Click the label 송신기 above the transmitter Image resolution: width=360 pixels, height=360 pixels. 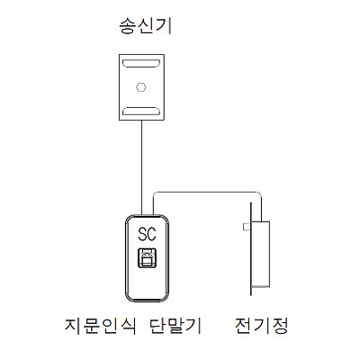pyautogui.click(x=146, y=26)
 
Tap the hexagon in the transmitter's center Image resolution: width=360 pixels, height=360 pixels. pyautogui.click(x=141, y=87)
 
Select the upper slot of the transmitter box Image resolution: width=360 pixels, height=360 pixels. pyautogui.click(x=141, y=63)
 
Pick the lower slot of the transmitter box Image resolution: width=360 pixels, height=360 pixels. pyautogui.click(x=141, y=112)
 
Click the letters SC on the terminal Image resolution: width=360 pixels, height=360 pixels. pyautogui.click(x=147, y=234)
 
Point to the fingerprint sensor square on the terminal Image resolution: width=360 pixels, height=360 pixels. pyautogui.click(x=147, y=257)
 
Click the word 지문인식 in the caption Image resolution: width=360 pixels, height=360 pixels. pyautogui.click(x=100, y=325)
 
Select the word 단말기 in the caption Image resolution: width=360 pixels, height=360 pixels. pyautogui.click(x=175, y=325)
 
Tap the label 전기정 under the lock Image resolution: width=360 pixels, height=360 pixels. pyautogui.click(x=262, y=325)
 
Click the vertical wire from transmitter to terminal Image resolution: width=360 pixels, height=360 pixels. pyautogui.click(x=141, y=167)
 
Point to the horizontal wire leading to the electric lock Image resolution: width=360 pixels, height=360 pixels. pyautogui.click(x=207, y=192)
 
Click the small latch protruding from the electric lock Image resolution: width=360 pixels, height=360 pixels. pyautogui.click(x=247, y=227)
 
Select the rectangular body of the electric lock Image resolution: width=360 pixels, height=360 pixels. pyautogui.click(x=260, y=254)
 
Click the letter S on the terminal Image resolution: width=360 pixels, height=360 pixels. pyautogui.click(x=142, y=234)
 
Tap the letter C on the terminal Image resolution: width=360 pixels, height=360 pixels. pyautogui.click(x=152, y=234)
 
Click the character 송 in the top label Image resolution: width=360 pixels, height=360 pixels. pyautogui.click(x=128, y=26)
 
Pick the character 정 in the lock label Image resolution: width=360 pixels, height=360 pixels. pyautogui.click(x=279, y=325)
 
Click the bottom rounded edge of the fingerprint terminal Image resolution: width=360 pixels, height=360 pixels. pyautogui.click(x=147, y=301)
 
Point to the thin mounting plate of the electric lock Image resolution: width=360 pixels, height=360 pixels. pyautogui.click(x=251, y=248)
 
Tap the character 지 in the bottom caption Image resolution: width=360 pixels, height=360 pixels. pyautogui.click(x=73, y=325)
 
